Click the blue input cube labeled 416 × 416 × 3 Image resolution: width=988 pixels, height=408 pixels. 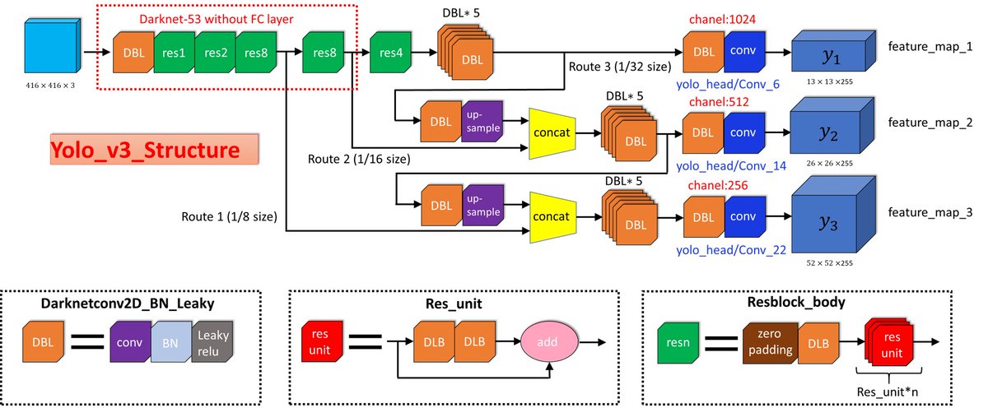tap(51, 51)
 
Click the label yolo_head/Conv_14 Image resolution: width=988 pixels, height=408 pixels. tap(730, 165)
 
